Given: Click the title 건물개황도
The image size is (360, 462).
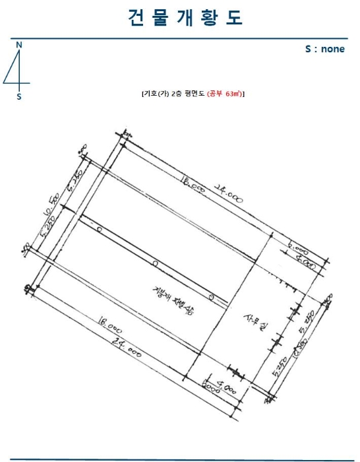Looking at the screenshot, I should pyautogui.click(x=185, y=18).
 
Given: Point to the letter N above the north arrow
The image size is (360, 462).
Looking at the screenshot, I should pyautogui.click(x=19, y=44).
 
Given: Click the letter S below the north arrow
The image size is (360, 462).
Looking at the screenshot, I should pyautogui.click(x=19, y=97).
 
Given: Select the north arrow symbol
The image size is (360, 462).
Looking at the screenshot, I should pyautogui.click(x=18, y=70).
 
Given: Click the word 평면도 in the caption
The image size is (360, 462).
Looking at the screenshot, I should pyautogui.click(x=195, y=94).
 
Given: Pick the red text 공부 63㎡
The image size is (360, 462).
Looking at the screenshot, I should pyautogui.click(x=225, y=94).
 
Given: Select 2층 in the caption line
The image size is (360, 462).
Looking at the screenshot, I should pyautogui.click(x=176, y=94).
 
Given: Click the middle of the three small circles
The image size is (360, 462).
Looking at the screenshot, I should pyautogui.click(x=155, y=263).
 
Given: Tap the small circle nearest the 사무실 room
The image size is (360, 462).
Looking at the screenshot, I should pyautogui.click(x=211, y=297).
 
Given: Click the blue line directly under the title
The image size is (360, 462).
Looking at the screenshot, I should pyautogui.click(x=180, y=39).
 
